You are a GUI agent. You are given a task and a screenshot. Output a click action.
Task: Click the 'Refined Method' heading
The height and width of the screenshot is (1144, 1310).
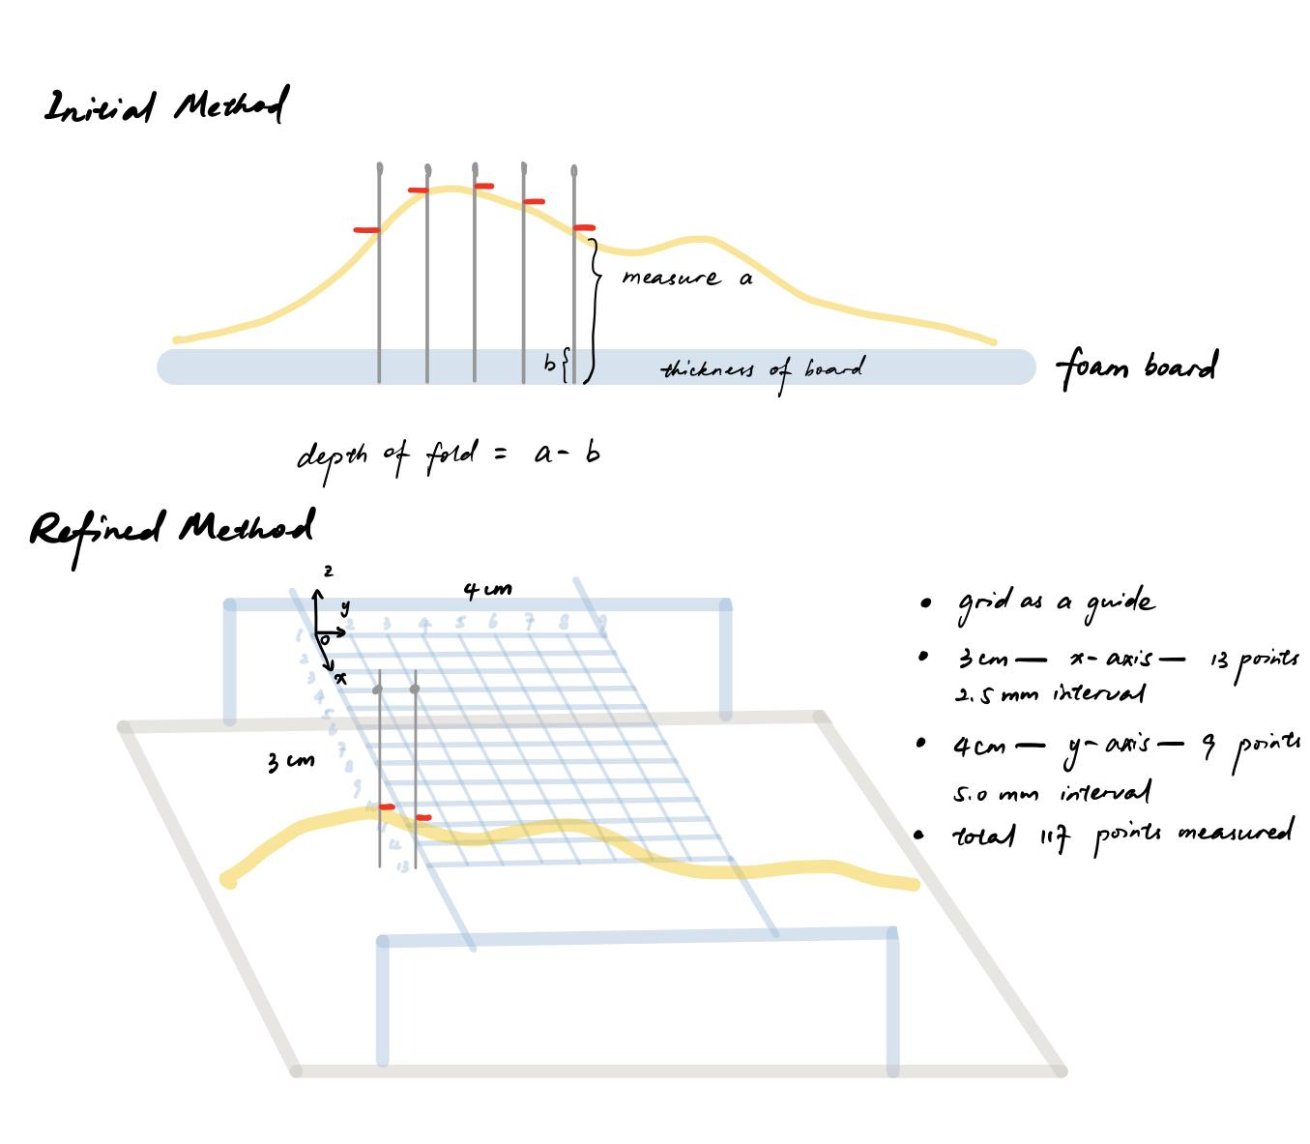(x=172, y=529)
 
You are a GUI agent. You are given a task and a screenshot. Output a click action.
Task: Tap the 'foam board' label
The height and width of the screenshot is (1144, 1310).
(x=1136, y=367)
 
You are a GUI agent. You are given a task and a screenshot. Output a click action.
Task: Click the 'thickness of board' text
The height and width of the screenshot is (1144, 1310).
(x=762, y=369)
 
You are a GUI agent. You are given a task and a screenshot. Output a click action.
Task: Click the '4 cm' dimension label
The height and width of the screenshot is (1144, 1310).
(x=487, y=589)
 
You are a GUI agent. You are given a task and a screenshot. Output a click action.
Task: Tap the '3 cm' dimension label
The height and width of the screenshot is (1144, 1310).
(x=290, y=762)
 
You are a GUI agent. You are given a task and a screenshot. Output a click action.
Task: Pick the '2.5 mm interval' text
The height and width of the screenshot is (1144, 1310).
(x=1049, y=694)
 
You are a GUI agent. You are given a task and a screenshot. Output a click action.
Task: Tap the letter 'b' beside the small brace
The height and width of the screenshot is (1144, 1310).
(x=549, y=365)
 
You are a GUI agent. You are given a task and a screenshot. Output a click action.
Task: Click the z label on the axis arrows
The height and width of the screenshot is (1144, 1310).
(x=329, y=572)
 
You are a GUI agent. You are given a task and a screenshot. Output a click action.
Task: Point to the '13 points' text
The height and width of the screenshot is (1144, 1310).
(x=1254, y=661)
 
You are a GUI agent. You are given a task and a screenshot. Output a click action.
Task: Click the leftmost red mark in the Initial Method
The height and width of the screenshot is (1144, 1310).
(x=366, y=230)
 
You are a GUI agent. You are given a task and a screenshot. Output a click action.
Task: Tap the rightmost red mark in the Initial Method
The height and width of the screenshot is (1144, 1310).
(x=584, y=228)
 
